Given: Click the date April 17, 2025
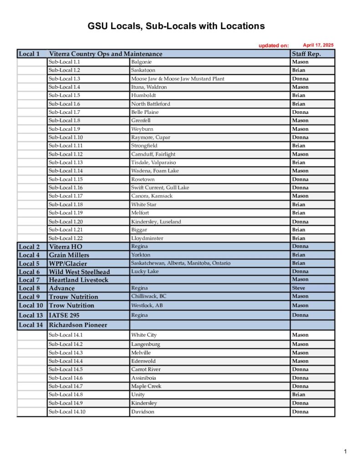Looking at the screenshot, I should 318,45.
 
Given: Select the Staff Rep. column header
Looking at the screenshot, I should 306,54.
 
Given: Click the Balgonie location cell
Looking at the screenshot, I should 141,62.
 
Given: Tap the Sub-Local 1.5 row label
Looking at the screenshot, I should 64,96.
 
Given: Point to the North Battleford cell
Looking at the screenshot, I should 150,104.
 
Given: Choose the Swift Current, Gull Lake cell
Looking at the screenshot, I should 160,187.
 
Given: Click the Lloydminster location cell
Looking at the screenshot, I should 147,238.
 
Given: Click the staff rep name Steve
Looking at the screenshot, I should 299,288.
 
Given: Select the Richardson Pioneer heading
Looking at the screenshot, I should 78,325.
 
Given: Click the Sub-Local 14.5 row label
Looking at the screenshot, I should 66,370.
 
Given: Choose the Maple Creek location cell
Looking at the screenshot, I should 146,386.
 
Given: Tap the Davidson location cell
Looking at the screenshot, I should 142,412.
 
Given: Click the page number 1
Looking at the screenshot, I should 346,451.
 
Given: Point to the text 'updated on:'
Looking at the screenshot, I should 274,46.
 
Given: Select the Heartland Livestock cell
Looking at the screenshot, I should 78,280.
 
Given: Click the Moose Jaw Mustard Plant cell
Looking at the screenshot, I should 177,79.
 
